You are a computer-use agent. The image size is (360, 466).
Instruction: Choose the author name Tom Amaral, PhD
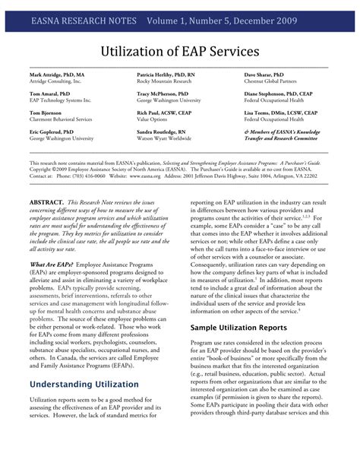point(51,94)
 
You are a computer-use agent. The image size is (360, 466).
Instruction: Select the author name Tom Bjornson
point(47,112)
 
